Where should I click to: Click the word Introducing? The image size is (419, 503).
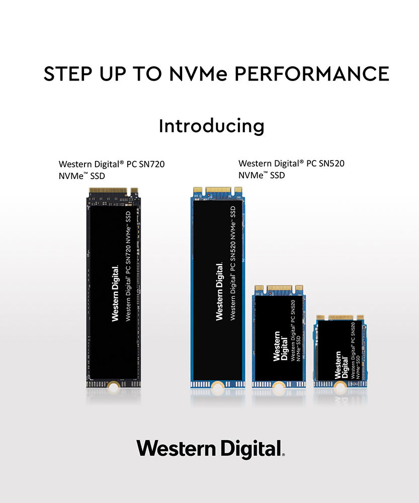[x=211, y=126]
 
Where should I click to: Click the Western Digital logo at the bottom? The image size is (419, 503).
[x=210, y=448]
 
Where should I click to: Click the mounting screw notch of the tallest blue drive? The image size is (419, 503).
[x=217, y=386]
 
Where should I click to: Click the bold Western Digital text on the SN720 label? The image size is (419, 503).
[x=115, y=294]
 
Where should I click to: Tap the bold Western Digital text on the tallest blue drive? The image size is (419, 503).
[x=219, y=292]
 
